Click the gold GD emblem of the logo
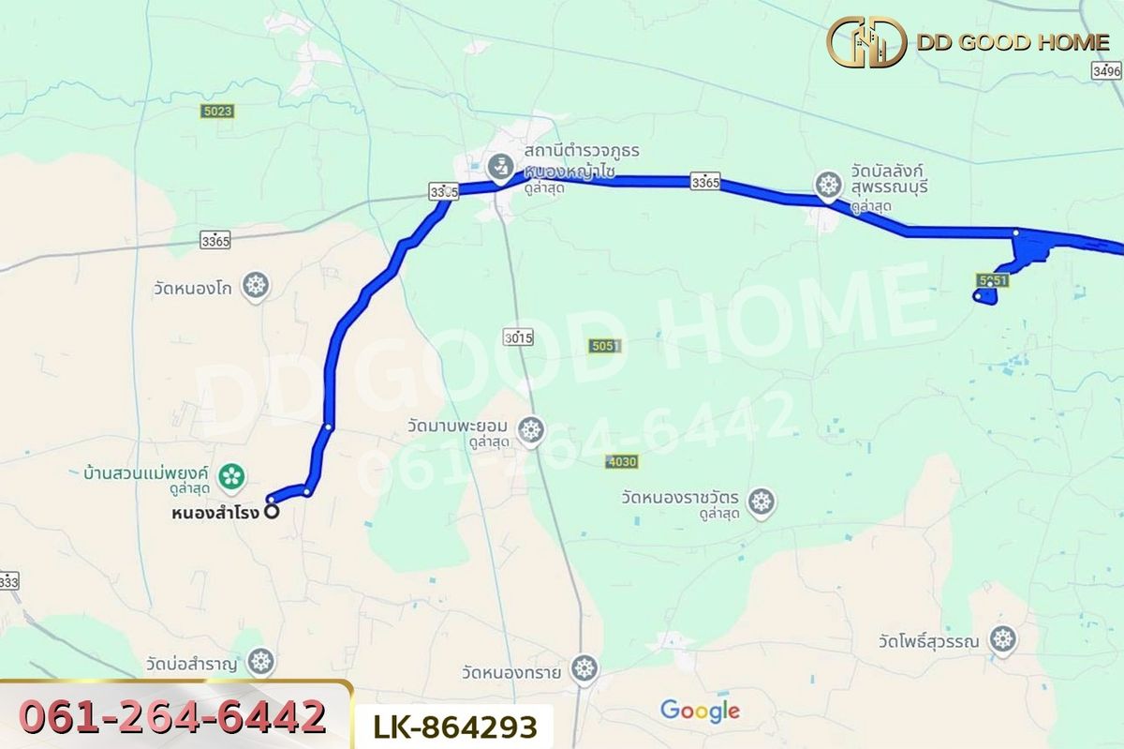(x=866, y=42)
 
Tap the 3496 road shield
(x=1106, y=70)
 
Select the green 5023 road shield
(x=216, y=111)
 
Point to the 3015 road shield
(x=517, y=337)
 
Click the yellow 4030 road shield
(x=621, y=461)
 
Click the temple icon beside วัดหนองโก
(x=255, y=286)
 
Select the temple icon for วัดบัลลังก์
(x=828, y=185)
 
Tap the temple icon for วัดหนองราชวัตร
(x=762, y=502)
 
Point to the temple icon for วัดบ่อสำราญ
(x=261, y=662)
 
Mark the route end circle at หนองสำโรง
(x=272, y=512)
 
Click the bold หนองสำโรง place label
(x=216, y=513)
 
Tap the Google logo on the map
(x=699, y=711)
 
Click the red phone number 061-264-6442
(x=172, y=717)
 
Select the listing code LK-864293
(x=456, y=727)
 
